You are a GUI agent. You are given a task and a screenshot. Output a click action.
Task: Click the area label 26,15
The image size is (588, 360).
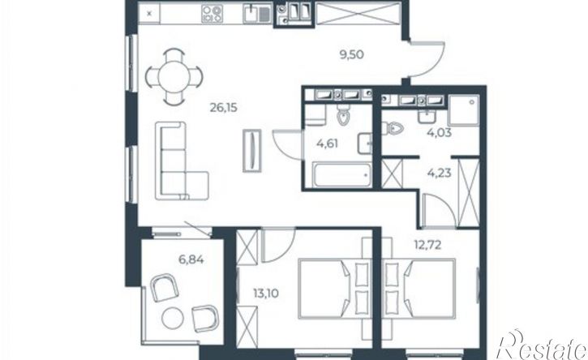tap(224, 108)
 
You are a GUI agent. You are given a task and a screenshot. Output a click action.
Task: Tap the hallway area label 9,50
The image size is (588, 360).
tap(351, 55)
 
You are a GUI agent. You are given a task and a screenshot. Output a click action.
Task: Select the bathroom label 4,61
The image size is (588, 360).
tap(327, 144)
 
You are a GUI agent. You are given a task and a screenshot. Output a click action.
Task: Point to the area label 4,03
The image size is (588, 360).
tap(439, 132)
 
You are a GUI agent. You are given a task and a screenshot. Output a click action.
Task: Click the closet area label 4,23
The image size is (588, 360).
tap(439, 174)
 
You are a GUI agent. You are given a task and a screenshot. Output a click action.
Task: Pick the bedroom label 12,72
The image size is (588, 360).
tap(427, 245)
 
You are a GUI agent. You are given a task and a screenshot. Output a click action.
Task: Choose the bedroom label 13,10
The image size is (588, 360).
tap(266, 294)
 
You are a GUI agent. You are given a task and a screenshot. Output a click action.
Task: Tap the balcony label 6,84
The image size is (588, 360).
tap(191, 259)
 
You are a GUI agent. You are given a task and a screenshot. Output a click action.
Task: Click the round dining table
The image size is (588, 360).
tap(174, 77)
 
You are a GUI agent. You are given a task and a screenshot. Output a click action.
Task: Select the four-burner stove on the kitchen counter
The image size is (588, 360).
tap(212, 14)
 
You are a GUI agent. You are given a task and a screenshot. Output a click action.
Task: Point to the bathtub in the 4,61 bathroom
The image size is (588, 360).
tap(341, 175)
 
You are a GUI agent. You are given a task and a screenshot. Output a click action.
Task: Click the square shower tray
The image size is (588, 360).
tap(464, 110)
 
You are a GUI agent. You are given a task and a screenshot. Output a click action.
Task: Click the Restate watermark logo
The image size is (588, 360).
tap(541, 345)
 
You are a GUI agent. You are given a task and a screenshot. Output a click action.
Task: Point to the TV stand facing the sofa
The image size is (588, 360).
tap(252, 150)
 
